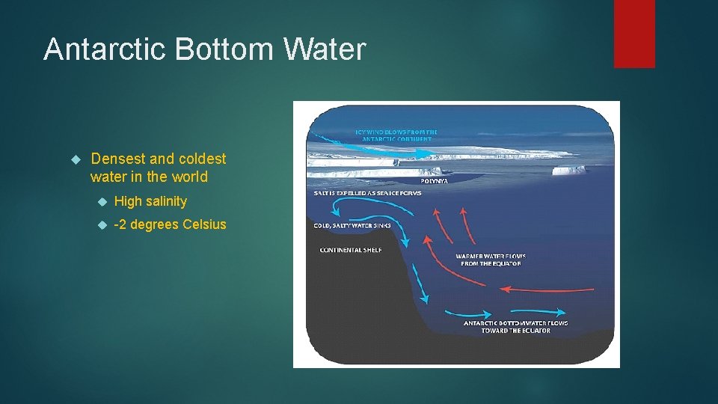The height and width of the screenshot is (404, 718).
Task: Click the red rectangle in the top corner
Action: [x=634, y=33]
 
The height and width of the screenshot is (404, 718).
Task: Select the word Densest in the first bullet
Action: [x=117, y=159]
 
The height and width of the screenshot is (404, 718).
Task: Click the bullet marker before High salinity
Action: [x=102, y=201]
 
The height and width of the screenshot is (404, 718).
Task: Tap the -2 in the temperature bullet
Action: [x=120, y=225]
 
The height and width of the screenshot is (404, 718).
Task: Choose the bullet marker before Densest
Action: [x=75, y=159]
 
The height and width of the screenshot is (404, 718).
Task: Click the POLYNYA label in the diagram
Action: [x=435, y=180]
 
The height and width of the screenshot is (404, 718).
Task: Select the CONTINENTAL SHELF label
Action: [x=350, y=250]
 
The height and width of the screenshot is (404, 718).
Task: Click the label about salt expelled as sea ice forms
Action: [x=367, y=193]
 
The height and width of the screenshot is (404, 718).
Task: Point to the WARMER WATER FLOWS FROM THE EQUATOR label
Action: [x=488, y=260]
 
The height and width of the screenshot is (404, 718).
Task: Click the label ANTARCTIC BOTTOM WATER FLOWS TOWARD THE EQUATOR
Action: [x=515, y=327]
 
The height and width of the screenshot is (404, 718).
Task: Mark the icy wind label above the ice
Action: [x=396, y=135]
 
